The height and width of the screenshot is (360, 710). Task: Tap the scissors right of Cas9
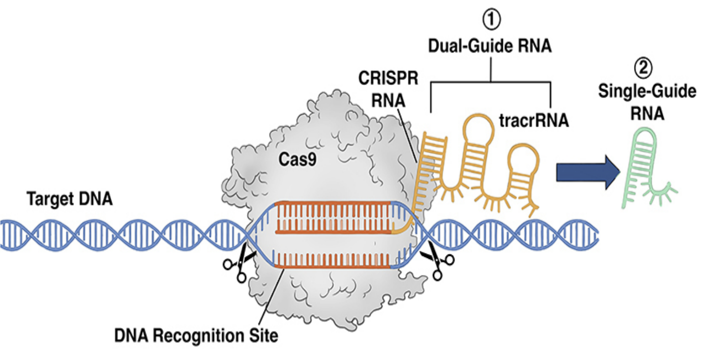(x=435, y=262)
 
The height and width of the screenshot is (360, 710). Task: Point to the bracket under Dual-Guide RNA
(x=491, y=80)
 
